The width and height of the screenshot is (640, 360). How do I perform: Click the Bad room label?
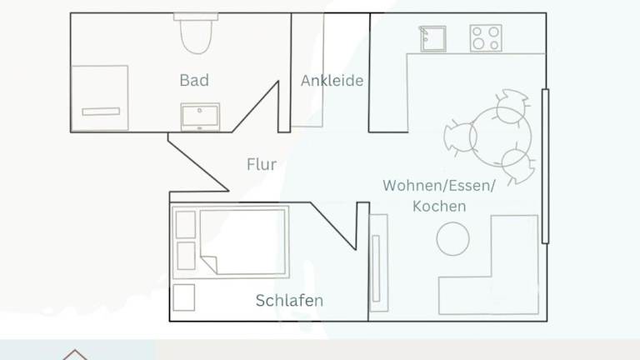point(194,80)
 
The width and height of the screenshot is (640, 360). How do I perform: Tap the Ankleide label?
point(332,80)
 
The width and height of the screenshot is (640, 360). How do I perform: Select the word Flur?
point(262,164)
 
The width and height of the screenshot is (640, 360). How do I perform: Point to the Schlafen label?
point(289,300)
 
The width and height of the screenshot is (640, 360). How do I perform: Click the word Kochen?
point(439,206)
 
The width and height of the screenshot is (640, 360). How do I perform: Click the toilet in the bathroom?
point(196,33)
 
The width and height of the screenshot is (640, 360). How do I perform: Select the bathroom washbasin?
point(200,117)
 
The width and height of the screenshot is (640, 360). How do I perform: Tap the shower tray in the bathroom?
point(100,98)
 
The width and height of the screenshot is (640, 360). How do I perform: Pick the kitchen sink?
point(433,39)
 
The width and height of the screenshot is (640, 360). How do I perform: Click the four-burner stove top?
point(486,38)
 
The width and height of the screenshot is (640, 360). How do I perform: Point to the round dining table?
point(500,137)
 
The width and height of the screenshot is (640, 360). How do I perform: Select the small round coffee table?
point(452,239)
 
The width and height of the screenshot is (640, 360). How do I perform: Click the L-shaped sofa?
point(489,265)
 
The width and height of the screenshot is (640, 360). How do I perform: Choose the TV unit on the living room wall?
point(379,262)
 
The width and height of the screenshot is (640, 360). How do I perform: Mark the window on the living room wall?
point(545,166)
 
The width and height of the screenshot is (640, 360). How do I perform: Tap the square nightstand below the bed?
point(183,297)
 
